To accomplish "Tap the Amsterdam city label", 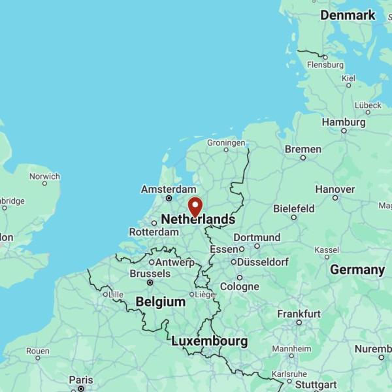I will coord(168,189).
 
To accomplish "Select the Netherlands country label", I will coord(197,219).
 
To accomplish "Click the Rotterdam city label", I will coord(154,232).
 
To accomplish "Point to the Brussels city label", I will coord(150,273).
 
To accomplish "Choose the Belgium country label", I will coord(161,301).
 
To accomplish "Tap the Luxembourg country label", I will coord(210,341).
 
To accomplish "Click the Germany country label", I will coord(357,269).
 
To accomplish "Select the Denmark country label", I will coord(348,15).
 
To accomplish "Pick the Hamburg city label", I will coord(344,122).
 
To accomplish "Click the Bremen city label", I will coord(303,149).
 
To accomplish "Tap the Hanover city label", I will coord(335,189).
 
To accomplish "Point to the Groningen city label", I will coord(226,142).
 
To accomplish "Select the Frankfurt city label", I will coord(299,314).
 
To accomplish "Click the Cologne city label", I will coord(239,286).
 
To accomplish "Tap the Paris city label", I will coord(81,380).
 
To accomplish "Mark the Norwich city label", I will coord(44,176).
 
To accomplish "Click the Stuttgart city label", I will coord(316,384).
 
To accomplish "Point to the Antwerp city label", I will coord(176,262).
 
